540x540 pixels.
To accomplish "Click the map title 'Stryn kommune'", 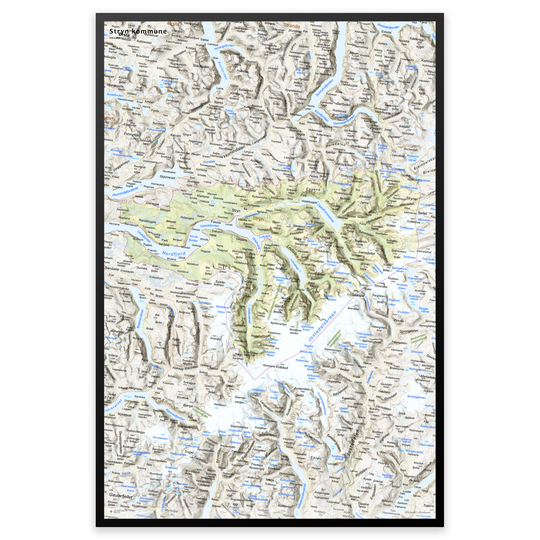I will tap(138, 31).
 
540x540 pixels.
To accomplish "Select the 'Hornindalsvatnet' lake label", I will tap(126, 192).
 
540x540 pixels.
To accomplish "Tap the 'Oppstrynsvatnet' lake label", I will tap(326, 213).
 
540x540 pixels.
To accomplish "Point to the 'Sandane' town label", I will tap(112, 269).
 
